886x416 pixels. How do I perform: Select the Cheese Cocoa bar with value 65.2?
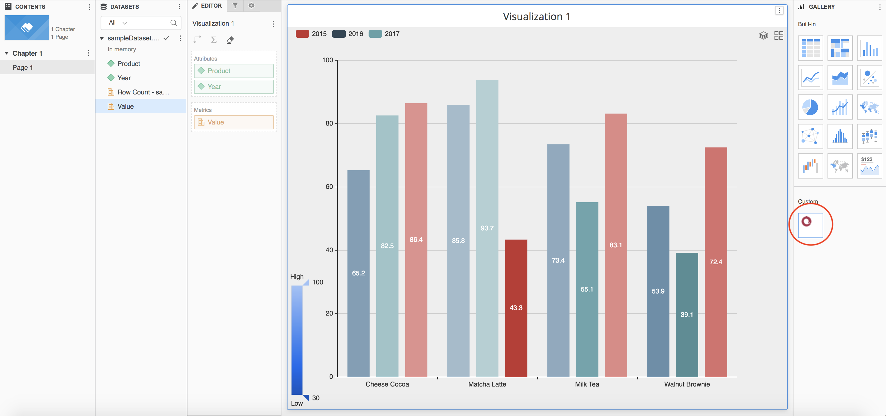[358, 273]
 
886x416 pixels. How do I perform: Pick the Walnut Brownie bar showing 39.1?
[687, 314]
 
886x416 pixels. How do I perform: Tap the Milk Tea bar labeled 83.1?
[616, 245]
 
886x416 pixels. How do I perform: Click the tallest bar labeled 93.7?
[487, 228]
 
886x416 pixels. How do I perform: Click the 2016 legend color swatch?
[339, 34]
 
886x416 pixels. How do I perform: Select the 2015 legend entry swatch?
[302, 34]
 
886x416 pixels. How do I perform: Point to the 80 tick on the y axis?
[329, 123]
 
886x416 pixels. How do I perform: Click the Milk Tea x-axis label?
[587, 384]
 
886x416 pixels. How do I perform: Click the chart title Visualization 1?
[536, 16]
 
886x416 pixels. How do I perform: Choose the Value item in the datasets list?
[125, 106]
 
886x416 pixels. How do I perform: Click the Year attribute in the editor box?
[234, 87]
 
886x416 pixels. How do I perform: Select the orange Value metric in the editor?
[234, 122]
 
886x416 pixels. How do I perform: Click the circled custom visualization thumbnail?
[810, 225]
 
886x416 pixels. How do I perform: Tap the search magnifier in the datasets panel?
[174, 23]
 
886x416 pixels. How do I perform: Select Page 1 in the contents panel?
[23, 68]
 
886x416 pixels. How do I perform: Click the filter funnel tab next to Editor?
[235, 5]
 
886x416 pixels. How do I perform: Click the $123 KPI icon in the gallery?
[869, 166]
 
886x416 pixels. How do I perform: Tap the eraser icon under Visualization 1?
[230, 40]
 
